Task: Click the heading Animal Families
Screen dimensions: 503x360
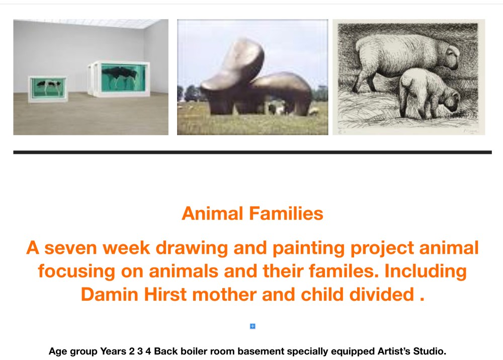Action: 253,214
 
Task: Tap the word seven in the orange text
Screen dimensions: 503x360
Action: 70,248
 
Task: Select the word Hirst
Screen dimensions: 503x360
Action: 165,294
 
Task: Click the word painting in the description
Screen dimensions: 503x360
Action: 305,248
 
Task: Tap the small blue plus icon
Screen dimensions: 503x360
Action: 253,326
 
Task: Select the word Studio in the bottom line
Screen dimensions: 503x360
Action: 430,351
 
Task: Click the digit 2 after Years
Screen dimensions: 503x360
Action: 131,351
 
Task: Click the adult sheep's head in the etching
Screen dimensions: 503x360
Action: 449,57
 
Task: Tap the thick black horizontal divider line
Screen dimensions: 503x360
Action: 253,152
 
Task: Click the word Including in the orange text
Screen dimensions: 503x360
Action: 426,272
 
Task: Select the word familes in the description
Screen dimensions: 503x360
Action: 344,271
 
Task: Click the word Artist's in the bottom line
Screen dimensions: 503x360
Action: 394,351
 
